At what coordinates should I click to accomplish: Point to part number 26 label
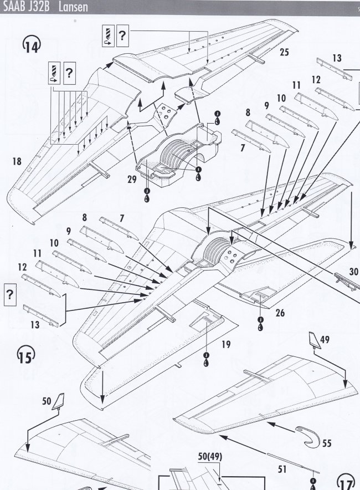[280, 313]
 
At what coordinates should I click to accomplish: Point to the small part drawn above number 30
[346, 281]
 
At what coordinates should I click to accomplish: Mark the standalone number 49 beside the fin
[325, 340]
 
